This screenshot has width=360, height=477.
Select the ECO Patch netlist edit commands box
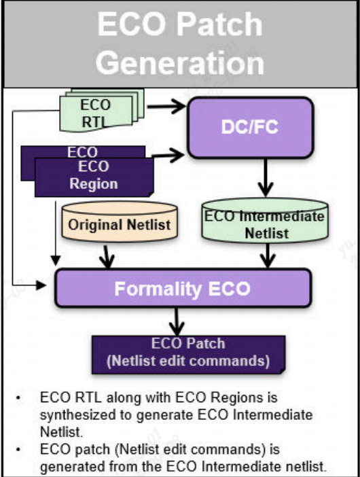[187, 353]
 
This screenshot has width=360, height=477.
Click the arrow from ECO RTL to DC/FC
[166, 105]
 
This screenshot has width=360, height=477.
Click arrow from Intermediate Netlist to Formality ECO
[269, 256]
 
